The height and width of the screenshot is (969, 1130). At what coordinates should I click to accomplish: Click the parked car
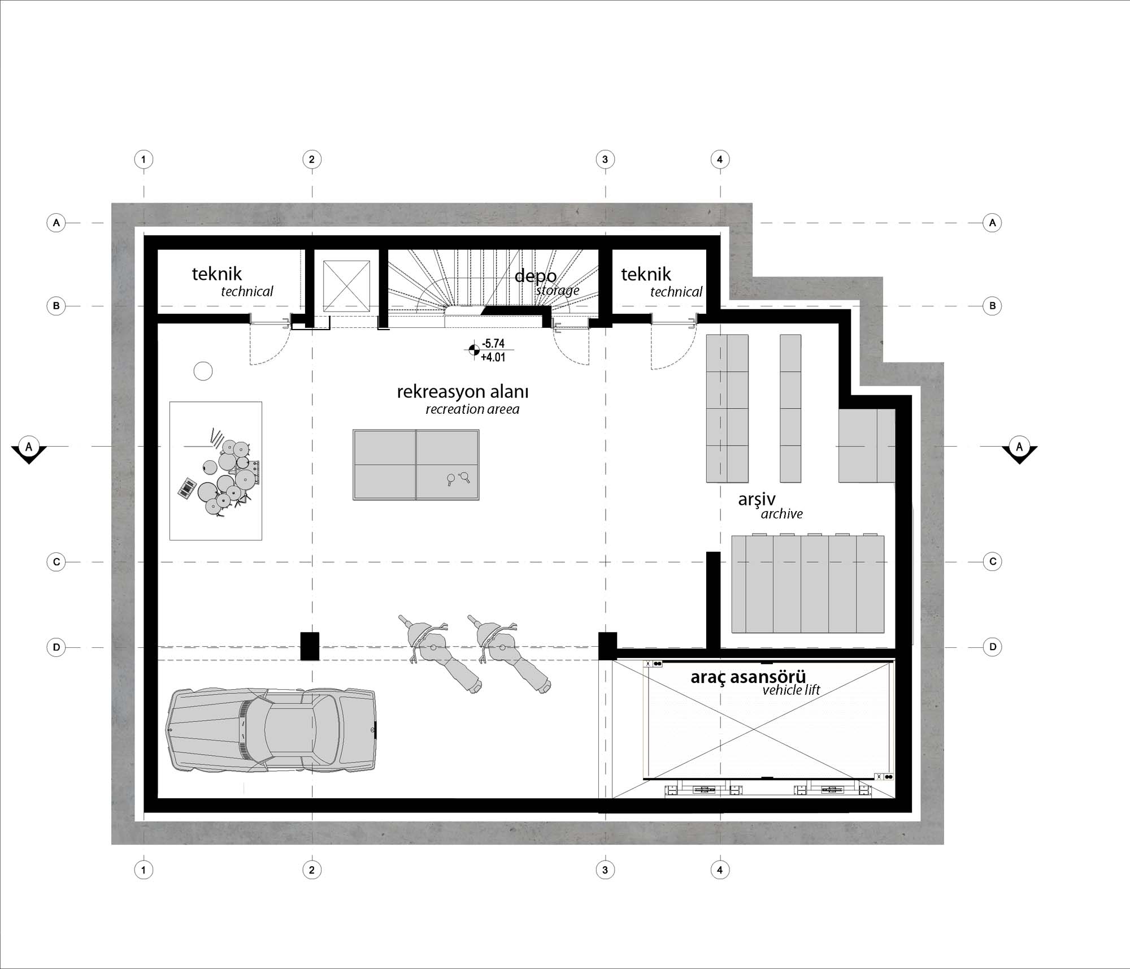(271, 729)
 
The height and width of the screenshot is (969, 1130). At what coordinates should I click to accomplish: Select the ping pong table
(416, 465)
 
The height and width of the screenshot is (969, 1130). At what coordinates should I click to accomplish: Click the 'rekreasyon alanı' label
(462, 392)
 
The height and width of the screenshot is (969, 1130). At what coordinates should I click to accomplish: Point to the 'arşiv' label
(757, 500)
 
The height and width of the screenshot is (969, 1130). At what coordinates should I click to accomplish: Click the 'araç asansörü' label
(748, 677)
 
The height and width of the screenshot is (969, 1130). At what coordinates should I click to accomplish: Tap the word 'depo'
(535, 276)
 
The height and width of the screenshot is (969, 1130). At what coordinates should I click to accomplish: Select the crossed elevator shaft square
(346, 285)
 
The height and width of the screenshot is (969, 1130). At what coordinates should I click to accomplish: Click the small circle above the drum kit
(203, 371)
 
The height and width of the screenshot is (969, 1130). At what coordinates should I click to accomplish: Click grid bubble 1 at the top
(144, 159)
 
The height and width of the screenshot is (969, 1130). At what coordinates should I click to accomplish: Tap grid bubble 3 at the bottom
(605, 869)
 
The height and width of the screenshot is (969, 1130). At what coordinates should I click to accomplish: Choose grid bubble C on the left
(56, 562)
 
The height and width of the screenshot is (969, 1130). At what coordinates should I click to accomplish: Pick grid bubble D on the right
(993, 647)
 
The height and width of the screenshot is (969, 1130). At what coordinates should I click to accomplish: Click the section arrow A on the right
(1019, 450)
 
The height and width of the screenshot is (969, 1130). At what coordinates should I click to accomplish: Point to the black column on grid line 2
(310, 646)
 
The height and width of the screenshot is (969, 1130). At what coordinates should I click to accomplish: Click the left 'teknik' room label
(216, 274)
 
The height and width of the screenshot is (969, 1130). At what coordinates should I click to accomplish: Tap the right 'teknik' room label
(646, 275)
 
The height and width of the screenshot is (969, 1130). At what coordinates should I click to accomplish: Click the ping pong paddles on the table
(458, 479)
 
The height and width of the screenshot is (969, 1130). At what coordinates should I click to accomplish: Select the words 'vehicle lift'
(791, 690)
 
